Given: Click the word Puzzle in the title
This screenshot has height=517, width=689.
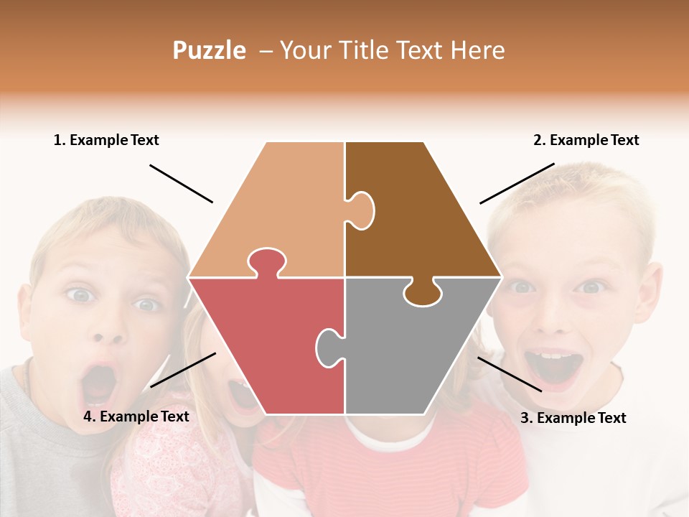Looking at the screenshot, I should [x=209, y=50].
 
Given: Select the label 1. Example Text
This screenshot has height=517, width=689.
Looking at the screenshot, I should [x=106, y=140].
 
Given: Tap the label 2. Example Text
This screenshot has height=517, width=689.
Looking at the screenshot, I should [x=586, y=140].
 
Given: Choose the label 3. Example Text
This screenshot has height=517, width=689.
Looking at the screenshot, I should [x=573, y=418].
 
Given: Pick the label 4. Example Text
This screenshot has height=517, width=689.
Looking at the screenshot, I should [x=136, y=416].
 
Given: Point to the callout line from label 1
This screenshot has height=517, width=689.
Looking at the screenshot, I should [x=181, y=184].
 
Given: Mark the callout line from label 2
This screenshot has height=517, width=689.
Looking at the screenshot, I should [x=517, y=183].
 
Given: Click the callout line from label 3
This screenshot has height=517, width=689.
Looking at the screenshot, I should [x=510, y=374].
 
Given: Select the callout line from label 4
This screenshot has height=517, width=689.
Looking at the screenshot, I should [x=183, y=370].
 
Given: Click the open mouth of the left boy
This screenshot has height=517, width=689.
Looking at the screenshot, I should [x=99, y=384].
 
